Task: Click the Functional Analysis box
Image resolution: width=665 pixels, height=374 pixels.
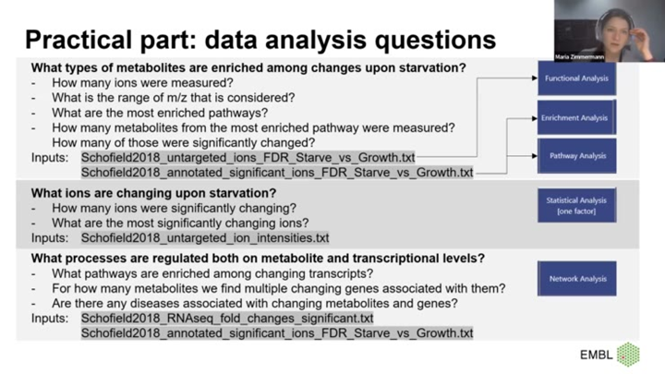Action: pos(576,78)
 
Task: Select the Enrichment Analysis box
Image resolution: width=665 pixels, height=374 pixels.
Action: pos(576,118)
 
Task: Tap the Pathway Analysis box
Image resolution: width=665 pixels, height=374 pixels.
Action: pos(576,156)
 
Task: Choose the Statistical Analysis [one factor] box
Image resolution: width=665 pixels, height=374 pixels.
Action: pos(576,206)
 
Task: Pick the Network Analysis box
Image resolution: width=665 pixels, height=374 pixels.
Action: pos(576,278)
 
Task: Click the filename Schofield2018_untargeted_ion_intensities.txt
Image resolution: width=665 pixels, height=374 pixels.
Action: pos(205,238)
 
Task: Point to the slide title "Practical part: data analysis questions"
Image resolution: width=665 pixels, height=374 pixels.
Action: pos(260,40)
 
